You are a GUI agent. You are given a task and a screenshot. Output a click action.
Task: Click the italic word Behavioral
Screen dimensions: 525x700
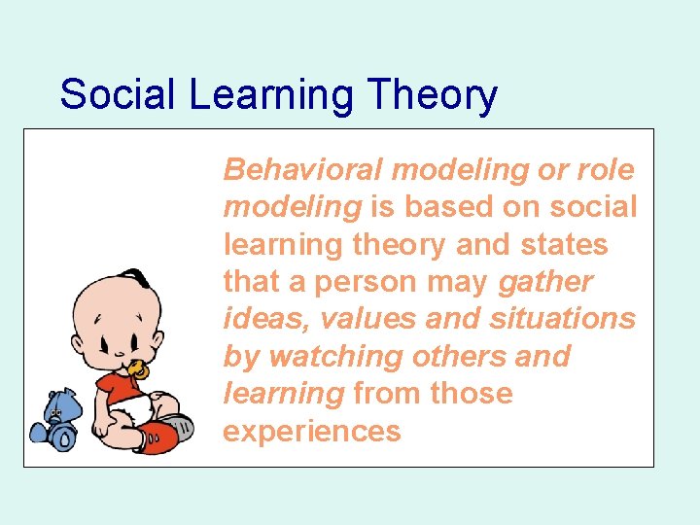(x=303, y=170)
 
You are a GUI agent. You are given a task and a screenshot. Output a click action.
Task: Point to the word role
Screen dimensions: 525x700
(x=604, y=170)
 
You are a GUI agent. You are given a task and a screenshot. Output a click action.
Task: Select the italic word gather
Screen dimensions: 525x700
(x=545, y=283)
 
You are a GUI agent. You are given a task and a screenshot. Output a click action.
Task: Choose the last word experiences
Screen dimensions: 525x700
(x=312, y=431)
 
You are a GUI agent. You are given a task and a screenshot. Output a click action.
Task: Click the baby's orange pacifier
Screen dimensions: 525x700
(x=139, y=369)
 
